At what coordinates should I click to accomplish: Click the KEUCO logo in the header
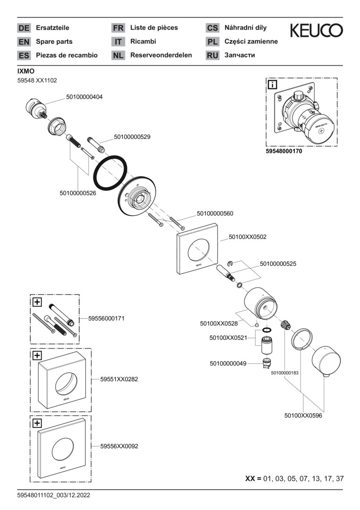pyautogui.click(x=316, y=31)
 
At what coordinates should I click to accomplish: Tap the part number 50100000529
pyautogui.click(x=132, y=137)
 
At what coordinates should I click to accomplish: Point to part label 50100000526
pyautogui.click(x=78, y=193)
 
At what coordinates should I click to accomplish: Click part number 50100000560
pyautogui.click(x=215, y=213)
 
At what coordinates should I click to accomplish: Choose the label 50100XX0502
pyautogui.click(x=247, y=237)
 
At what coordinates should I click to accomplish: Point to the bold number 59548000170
pyautogui.click(x=284, y=152)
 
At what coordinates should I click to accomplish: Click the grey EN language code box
pyautogui.click(x=24, y=42)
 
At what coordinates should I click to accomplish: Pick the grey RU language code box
pyautogui.click(x=212, y=55)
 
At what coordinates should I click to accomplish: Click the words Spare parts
pyautogui.click(x=54, y=42)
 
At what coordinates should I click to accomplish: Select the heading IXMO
pyautogui.click(x=26, y=71)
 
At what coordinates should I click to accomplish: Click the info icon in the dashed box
pyautogui.click(x=273, y=85)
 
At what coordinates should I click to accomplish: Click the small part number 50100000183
pyautogui.click(x=285, y=373)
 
